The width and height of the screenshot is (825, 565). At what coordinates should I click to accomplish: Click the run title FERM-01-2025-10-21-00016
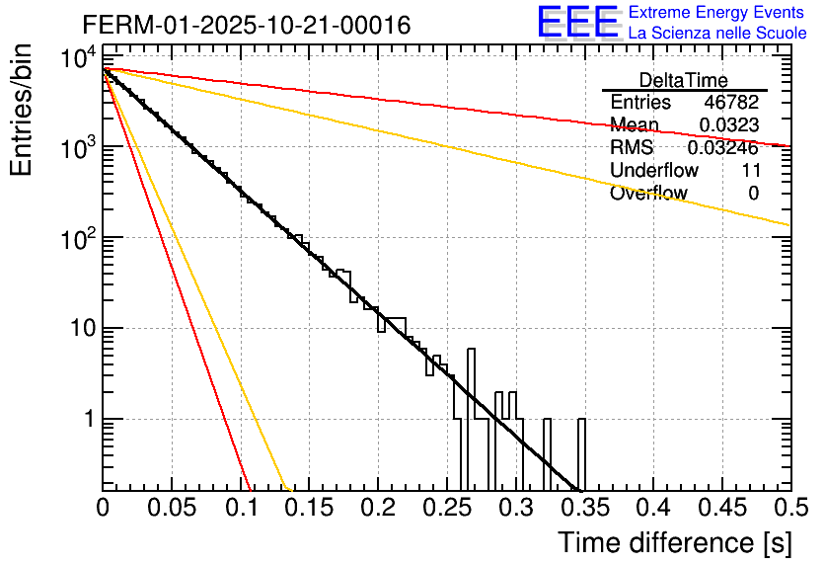(x=246, y=25)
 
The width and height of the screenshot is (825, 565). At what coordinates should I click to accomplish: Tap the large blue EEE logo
(x=577, y=24)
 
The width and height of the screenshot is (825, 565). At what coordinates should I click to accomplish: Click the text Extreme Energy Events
(x=716, y=13)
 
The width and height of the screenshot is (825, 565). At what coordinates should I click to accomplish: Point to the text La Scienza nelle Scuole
(x=716, y=34)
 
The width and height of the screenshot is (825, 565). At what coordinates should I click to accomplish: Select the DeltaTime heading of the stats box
(x=684, y=80)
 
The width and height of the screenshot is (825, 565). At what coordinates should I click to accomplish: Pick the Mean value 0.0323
(x=728, y=125)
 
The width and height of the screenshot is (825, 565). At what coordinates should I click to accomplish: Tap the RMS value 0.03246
(x=728, y=148)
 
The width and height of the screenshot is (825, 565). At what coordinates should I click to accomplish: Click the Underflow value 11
(x=749, y=171)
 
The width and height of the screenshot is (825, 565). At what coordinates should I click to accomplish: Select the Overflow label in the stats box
(x=648, y=194)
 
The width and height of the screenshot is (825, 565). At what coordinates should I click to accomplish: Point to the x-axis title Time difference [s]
(x=673, y=542)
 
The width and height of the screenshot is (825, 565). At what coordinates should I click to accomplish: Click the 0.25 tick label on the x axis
(x=446, y=508)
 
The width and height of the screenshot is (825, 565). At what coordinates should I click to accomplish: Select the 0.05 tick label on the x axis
(x=171, y=508)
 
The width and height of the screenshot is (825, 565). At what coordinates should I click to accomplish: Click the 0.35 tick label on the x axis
(x=583, y=508)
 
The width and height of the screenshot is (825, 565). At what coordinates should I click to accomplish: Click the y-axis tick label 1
(x=87, y=420)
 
